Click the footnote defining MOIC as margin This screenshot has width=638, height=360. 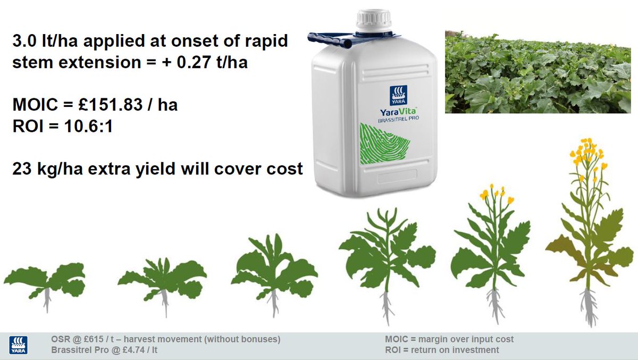pos(449,339)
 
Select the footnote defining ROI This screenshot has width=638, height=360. pos(441,350)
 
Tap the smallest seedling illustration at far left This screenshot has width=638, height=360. pos(45,282)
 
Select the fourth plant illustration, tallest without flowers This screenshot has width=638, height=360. pos(387,261)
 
